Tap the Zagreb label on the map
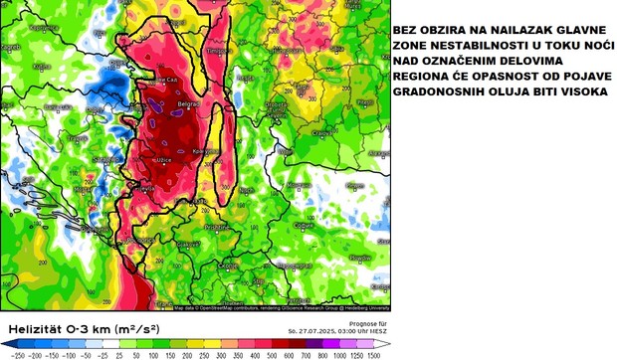(x=11, y=47)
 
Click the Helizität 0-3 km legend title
(x=75, y=327)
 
